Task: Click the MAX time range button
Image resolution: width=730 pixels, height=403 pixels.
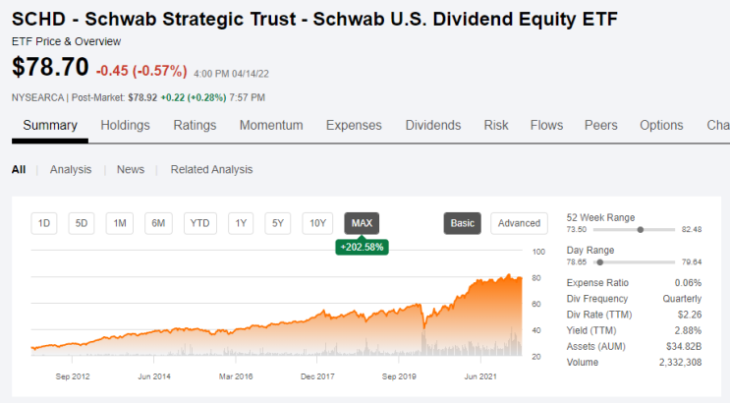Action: point(362,223)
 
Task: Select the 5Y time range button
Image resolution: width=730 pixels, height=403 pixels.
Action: point(277,223)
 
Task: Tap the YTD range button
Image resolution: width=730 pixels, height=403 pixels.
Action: point(199,223)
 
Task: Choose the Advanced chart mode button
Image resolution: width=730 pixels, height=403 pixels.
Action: point(519,223)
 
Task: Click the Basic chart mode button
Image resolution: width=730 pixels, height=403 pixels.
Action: point(463,223)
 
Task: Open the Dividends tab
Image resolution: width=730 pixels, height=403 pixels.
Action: point(433,126)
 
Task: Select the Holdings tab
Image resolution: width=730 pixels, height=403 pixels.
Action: point(125,126)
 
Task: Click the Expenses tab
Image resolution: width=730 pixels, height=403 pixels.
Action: point(354,126)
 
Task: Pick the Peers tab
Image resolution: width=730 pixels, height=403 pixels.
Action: point(601,126)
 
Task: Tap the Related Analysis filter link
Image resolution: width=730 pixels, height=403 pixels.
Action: point(211,170)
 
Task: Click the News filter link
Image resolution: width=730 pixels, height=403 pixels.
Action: point(131,170)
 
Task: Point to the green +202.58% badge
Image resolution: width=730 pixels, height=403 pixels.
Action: point(362,247)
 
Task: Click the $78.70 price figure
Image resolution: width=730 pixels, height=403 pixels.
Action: point(50,67)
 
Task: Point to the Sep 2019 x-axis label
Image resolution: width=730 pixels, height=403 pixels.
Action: point(399,376)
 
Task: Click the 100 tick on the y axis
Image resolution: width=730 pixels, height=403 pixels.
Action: point(538,252)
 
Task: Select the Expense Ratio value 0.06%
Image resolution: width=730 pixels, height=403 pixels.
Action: point(688,283)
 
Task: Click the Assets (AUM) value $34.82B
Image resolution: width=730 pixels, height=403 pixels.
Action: point(684,346)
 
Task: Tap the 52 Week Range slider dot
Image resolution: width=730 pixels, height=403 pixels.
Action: point(641,229)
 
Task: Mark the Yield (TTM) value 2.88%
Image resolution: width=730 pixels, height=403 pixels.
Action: point(688,330)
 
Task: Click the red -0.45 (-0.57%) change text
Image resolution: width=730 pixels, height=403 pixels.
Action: point(141,71)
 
